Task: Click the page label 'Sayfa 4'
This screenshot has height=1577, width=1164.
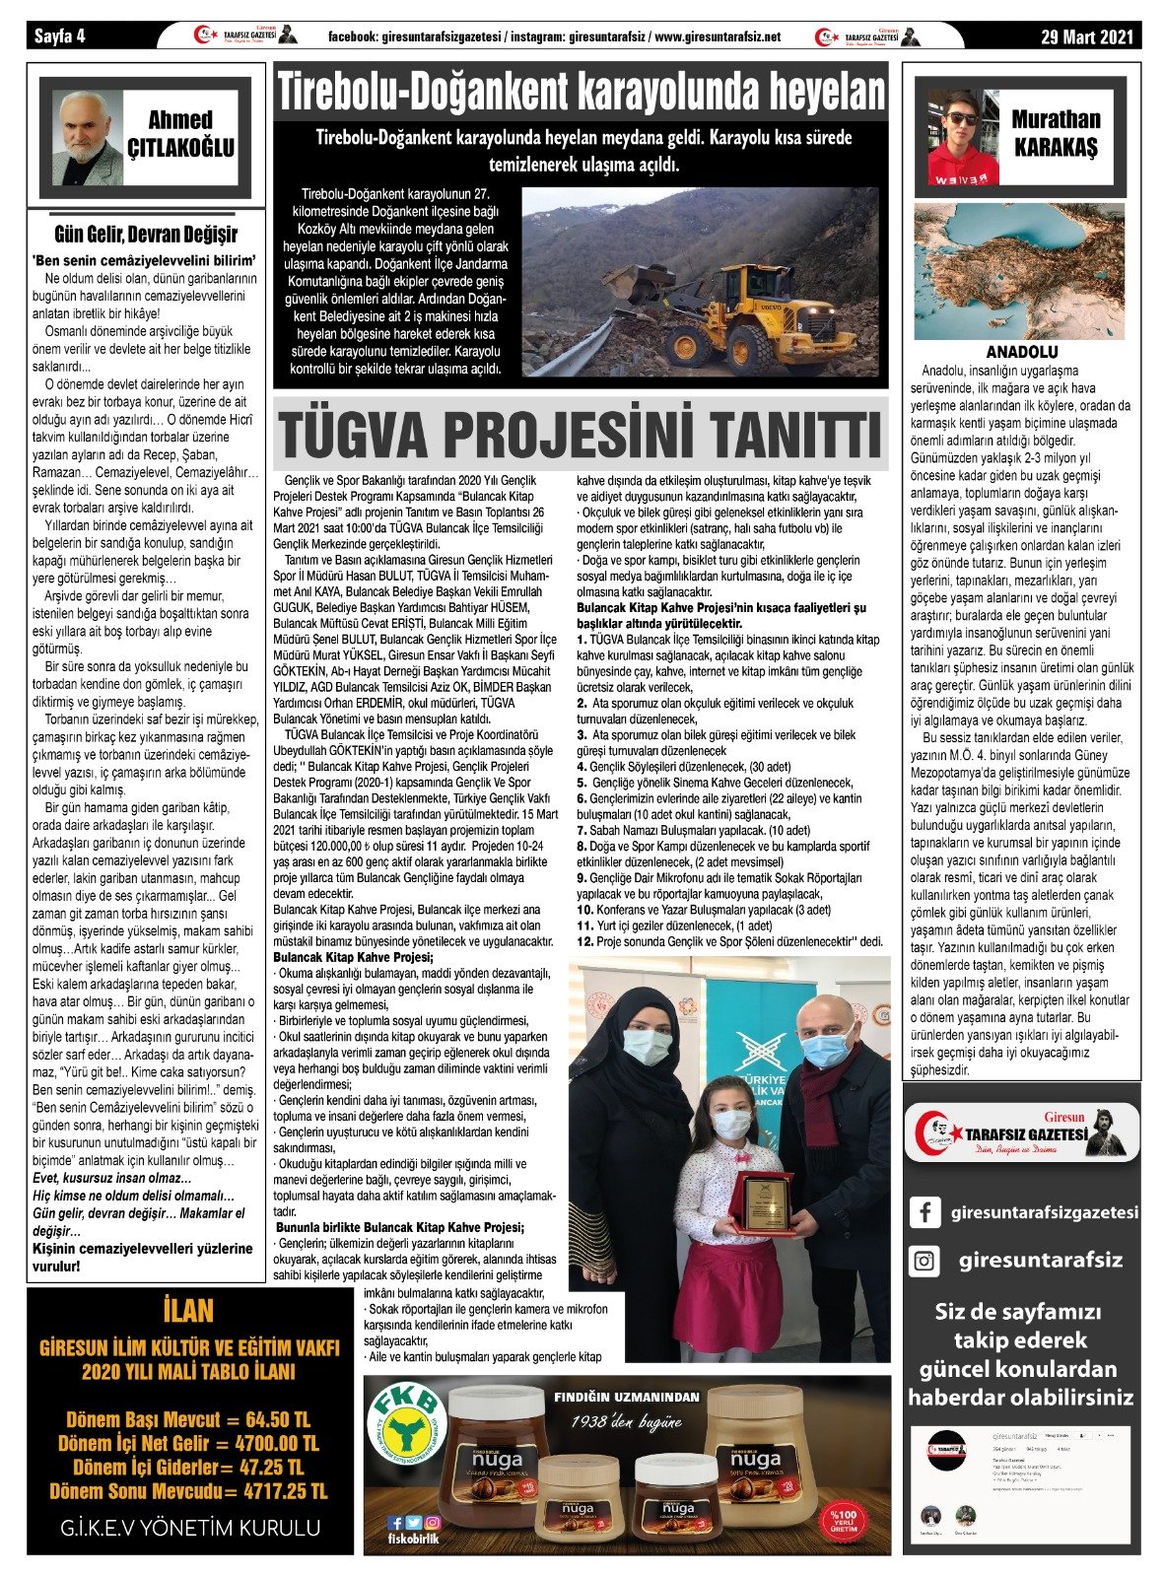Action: click(60, 36)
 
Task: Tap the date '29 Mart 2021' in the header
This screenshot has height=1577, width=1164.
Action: click(1089, 36)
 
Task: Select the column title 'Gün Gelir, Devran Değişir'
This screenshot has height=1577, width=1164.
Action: click(146, 235)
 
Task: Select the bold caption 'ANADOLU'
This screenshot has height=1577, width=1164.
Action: click(1022, 352)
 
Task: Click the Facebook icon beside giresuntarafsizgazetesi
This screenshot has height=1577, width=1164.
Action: click(924, 1212)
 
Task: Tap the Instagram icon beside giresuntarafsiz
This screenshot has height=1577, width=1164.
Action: click(924, 1261)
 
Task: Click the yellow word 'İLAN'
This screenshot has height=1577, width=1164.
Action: click(187, 1311)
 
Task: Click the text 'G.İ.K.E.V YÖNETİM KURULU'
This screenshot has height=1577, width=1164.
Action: click(189, 1529)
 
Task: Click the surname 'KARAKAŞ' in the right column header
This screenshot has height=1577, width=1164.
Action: click(1056, 149)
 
